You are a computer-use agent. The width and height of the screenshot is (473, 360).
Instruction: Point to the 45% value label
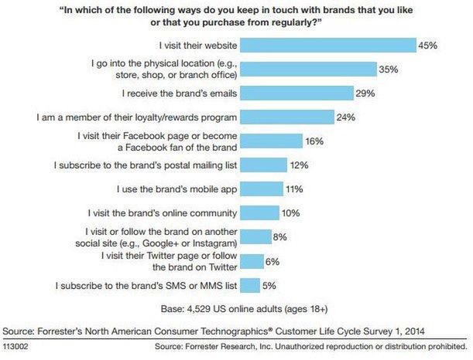click(x=427, y=46)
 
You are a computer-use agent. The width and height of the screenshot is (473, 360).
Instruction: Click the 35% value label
click(x=389, y=70)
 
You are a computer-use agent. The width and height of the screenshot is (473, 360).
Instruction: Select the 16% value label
click(x=314, y=141)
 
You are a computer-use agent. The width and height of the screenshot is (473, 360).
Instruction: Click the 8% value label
click(x=282, y=237)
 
